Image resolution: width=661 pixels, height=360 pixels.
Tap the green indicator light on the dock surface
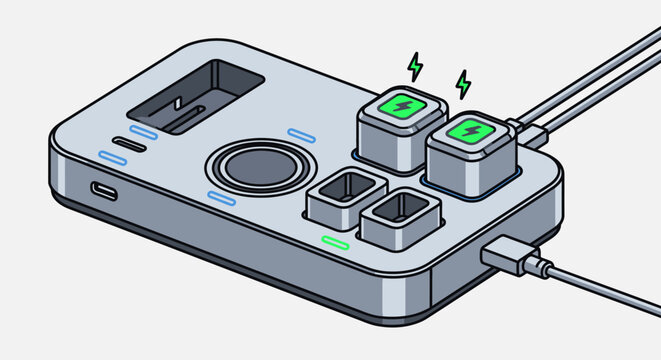point(334,242)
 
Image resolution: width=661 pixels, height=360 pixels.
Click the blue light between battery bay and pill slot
point(143,132)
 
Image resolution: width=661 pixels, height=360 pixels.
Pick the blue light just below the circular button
point(221,199)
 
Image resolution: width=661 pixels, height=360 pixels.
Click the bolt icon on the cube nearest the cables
point(467,132)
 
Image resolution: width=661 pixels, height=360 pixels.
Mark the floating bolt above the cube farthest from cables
point(414,66)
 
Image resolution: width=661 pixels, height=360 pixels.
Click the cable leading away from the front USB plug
point(600,290)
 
